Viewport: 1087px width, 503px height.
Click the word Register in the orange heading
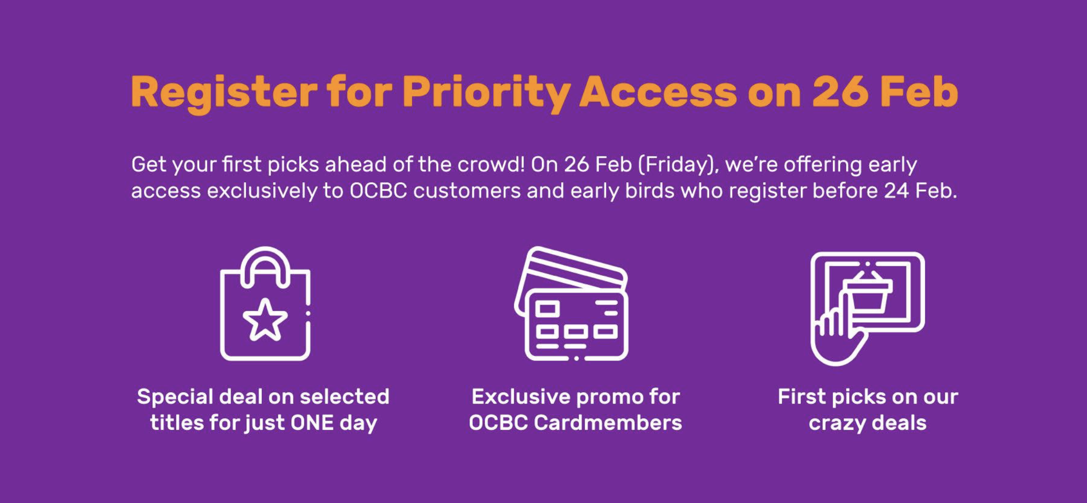[224, 93]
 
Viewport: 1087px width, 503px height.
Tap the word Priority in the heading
[486, 93]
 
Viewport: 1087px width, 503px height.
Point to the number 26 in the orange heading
[840, 91]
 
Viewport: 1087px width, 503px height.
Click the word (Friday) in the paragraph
[679, 165]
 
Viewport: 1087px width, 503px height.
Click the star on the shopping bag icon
[265, 320]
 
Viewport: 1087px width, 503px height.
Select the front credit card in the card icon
[576, 325]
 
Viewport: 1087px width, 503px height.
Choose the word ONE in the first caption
[312, 423]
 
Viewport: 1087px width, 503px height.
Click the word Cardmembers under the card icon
[608, 423]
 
